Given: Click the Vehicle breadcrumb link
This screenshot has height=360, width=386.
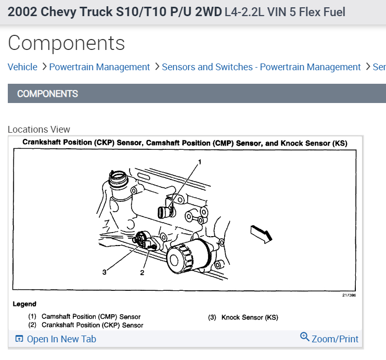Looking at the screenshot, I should click(22, 67).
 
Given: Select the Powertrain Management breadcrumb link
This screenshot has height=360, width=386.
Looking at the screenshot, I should click(99, 67).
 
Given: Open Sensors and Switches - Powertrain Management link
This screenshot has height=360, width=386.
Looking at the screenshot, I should click(261, 67).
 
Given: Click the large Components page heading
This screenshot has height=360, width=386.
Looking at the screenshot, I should click(67, 43).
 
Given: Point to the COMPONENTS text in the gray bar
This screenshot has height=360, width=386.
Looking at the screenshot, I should click(47, 94).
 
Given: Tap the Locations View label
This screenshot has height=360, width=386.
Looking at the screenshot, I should click(39, 130).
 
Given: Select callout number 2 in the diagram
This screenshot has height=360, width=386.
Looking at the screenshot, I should click(141, 272).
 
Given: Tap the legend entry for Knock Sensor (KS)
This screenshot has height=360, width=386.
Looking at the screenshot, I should click(243, 317).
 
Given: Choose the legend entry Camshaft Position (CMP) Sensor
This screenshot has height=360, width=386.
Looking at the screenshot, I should click(84, 316).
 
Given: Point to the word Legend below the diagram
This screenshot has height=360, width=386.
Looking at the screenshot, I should click(24, 304).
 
